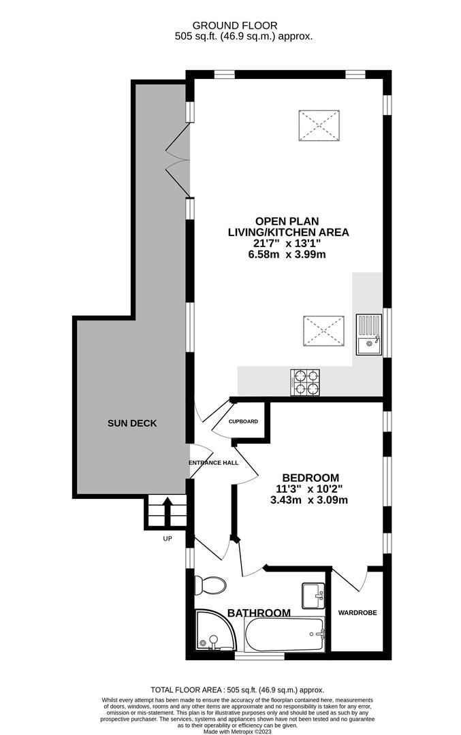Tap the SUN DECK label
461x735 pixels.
point(132,423)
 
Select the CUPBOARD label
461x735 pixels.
point(243,422)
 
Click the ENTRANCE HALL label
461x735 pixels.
point(213,463)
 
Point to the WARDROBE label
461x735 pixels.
point(357,612)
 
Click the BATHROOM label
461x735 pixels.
point(259,613)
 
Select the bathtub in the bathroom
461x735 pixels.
point(285,634)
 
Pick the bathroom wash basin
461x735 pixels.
point(315,595)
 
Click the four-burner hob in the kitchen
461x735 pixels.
point(306,382)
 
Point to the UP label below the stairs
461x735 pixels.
point(168,539)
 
